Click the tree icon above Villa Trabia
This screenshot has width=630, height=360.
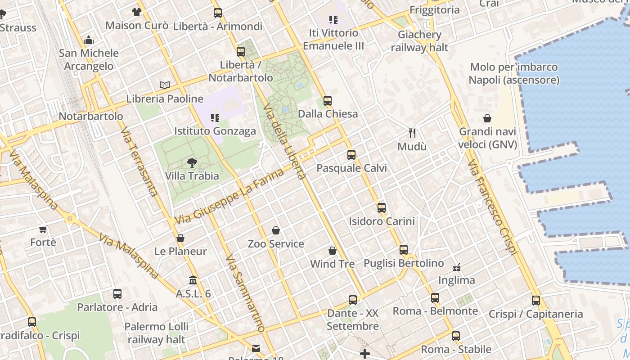pyautogui.click(x=192, y=163)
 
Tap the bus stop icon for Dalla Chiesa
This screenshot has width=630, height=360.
pyautogui.click(x=328, y=101)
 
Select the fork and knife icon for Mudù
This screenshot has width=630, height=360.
pyautogui.click(x=412, y=133)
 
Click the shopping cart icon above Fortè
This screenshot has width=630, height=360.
pyautogui.click(x=43, y=229)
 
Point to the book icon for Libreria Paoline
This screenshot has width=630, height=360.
pyautogui.click(x=165, y=85)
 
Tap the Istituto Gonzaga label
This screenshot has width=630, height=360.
pyautogui.click(x=215, y=131)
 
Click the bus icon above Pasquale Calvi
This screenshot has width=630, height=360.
pyautogui.click(x=351, y=155)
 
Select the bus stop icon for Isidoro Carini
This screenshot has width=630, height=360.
pyautogui.click(x=382, y=208)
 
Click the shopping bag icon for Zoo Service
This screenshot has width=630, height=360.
pyautogui.click(x=276, y=231)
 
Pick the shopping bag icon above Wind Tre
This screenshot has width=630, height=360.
pyautogui.click(x=333, y=251)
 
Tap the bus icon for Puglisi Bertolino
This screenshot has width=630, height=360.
pyautogui.click(x=404, y=250)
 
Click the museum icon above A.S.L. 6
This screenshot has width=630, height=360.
pyautogui.click(x=193, y=280)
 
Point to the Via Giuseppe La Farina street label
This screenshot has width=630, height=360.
pyautogui.click(x=229, y=196)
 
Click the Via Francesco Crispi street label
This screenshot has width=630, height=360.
pyautogui.click(x=492, y=207)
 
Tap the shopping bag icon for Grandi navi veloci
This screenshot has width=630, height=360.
pyautogui.click(x=487, y=119)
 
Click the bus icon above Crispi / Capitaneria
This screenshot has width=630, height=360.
pyautogui.click(x=535, y=301)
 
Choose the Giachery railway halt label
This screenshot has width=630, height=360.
pyautogui.click(x=419, y=41)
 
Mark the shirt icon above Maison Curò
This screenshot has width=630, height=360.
pyautogui.click(x=137, y=12)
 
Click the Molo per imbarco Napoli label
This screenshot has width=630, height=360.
pyautogui.click(x=514, y=74)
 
